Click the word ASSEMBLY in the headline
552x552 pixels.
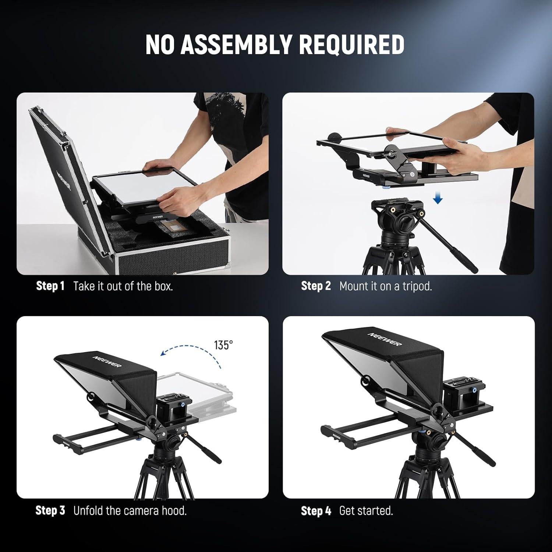click(237, 45)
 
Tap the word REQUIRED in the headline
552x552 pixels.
click(351, 45)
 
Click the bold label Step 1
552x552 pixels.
click(50, 286)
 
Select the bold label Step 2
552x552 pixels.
click(316, 286)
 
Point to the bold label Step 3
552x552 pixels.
click(50, 510)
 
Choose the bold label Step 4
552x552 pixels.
click(316, 511)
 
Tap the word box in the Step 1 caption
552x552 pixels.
click(163, 286)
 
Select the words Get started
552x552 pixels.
click(366, 511)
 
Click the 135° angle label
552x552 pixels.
click(223, 345)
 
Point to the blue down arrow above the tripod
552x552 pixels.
click(438, 199)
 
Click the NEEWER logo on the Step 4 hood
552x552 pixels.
click(385, 339)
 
